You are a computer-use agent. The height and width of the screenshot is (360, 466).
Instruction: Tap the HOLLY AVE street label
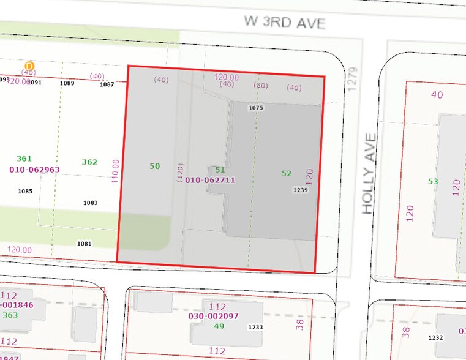(367, 174)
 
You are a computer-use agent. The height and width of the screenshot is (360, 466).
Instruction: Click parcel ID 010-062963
(34, 169)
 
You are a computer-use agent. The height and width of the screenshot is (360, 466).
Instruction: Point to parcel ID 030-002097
(212, 316)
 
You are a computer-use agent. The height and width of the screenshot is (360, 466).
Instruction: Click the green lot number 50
(154, 166)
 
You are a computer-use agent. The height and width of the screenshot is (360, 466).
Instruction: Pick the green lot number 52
(287, 173)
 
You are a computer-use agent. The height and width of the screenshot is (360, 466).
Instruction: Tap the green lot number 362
(89, 162)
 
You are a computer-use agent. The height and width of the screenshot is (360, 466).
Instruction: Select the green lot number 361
(24, 158)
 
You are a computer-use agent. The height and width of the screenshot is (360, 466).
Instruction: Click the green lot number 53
(433, 181)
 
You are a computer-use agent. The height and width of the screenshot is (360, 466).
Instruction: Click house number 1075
(255, 108)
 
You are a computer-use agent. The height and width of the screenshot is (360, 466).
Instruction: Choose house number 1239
(300, 190)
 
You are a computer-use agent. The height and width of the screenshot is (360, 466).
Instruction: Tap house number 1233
(255, 328)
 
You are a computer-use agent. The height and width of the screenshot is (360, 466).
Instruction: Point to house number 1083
(90, 203)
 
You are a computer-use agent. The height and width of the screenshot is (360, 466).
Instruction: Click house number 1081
(84, 244)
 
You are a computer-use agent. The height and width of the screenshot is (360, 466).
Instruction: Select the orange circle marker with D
(29, 66)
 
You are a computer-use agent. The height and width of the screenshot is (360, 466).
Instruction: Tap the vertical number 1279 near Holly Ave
(351, 80)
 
